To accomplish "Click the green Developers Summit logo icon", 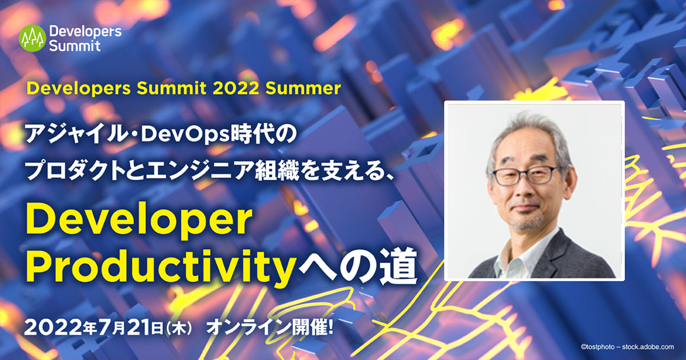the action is pos(33,38).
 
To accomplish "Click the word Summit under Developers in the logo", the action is pos(75,46).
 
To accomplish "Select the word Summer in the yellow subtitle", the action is pos(303,88).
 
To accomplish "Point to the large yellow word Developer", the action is pos(139,221).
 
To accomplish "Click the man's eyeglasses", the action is pos(526,176).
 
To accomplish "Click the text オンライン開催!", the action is pos(270,327).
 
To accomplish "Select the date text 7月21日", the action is pos(131,328).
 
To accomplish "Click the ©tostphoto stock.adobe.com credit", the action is pos(627,347).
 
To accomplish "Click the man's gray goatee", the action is pos(527,222).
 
